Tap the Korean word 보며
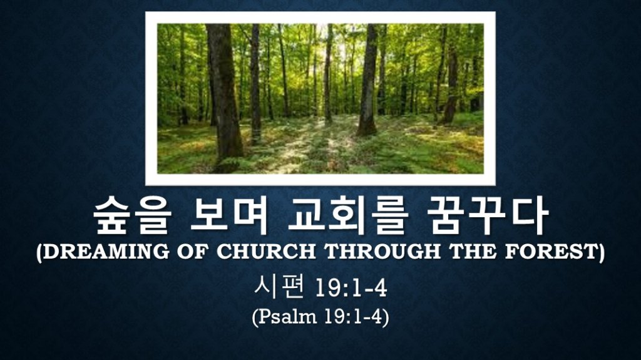pyautogui.click(x=229, y=215)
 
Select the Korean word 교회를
pyautogui.click(x=347, y=215)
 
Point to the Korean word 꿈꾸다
pyautogui.click(x=487, y=215)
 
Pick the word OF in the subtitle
pyautogui.click(x=193, y=251)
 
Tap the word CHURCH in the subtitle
pyautogui.click(x=265, y=251)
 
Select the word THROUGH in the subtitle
pyautogui.click(x=382, y=251)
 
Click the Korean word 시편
pyautogui.click(x=279, y=287)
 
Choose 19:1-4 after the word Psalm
pyautogui.click(x=352, y=317)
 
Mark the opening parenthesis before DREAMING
pyautogui.click(x=39, y=252)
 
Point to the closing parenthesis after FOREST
pyautogui.click(x=602, y=252)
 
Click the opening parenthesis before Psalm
pyautogui.click(x=255, y=317)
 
